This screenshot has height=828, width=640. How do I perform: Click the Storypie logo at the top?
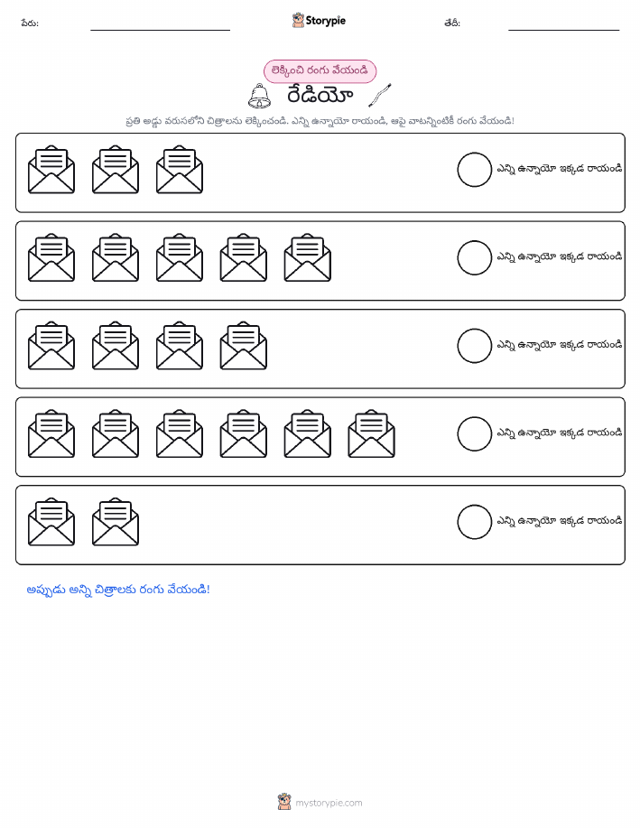319,21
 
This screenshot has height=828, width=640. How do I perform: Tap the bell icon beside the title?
259,96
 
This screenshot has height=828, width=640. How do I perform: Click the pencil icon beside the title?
380,95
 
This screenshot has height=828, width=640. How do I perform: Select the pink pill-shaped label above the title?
320,71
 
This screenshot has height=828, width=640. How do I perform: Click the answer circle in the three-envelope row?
474,170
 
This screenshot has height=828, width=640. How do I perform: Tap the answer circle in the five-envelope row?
474,257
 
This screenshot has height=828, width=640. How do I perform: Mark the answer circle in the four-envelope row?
474,346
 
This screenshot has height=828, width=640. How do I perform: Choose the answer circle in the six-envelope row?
474,434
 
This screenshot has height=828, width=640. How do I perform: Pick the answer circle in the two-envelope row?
474,522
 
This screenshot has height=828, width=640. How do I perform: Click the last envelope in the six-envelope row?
371,433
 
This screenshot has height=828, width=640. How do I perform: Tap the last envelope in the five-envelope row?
307,257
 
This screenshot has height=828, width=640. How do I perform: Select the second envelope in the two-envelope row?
116,522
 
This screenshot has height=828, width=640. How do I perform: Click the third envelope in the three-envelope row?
180,170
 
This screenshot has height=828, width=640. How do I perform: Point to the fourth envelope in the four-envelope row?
244,346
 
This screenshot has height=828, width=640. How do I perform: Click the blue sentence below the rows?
118,590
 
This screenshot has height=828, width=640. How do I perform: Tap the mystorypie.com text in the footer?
329,803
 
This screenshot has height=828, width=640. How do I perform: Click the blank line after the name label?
160,30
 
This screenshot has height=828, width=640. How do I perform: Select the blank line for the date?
563,30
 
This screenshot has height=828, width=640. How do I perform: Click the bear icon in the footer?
284,802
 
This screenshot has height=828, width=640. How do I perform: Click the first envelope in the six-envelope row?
51,433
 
